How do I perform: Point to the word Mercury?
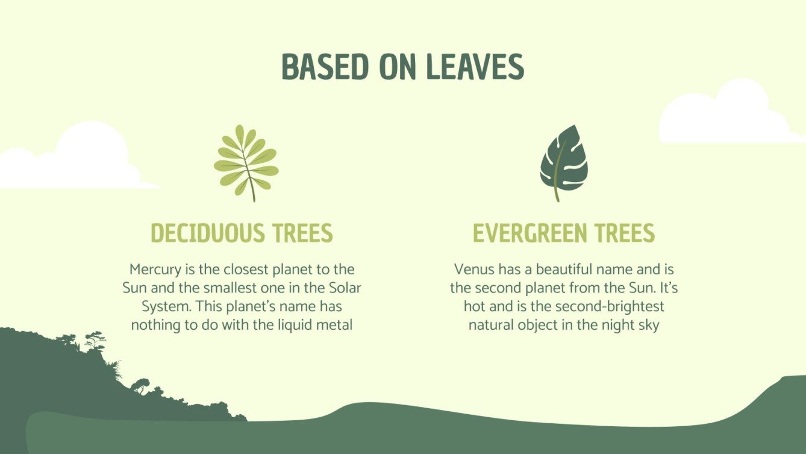coord(154,269)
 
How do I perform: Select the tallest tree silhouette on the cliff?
coord(95,341)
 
